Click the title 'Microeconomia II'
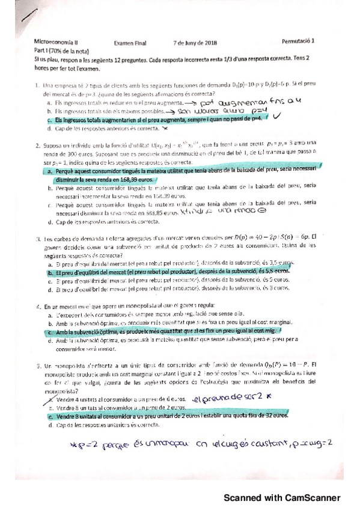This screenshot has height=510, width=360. [x=54, y=43]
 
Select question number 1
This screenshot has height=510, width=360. [x=37, y=86]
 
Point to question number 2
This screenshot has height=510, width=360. [x=37, y=145]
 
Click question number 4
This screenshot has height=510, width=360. [x=37, y=306]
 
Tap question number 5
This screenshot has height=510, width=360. [x=37, y=365]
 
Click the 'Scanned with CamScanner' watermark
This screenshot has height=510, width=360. [x=282, y=498]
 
